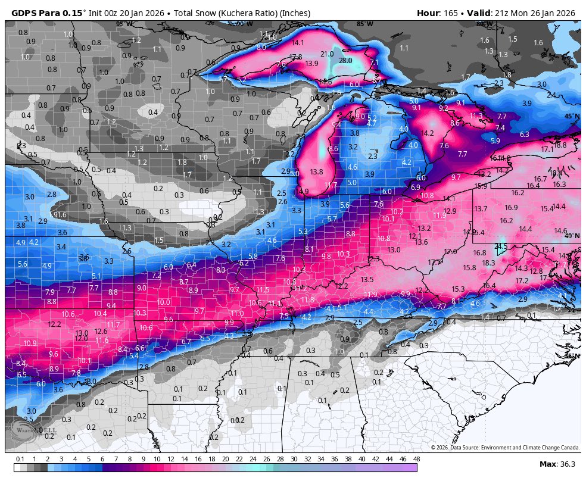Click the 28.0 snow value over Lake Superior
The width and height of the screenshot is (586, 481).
click(x=345, y=61)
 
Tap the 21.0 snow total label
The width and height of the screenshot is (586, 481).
click(x=327, y=54)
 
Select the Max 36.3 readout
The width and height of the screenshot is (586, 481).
click(x=557, y=464)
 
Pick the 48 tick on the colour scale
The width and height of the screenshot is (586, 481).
click(x=416, y=459)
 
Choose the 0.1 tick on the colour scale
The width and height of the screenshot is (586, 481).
click(x=20, y=459)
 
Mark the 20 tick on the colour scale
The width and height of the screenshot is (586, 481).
click(x=225, y=459)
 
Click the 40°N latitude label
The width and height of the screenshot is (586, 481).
click(x=572, y=236)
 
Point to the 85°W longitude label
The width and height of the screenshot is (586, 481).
click(x=364, y=24)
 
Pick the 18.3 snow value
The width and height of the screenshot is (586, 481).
click(x=488, y=263)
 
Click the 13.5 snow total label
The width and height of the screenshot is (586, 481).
click(x=367, y=279)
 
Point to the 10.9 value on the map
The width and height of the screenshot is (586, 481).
click(x=30, y=343)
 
